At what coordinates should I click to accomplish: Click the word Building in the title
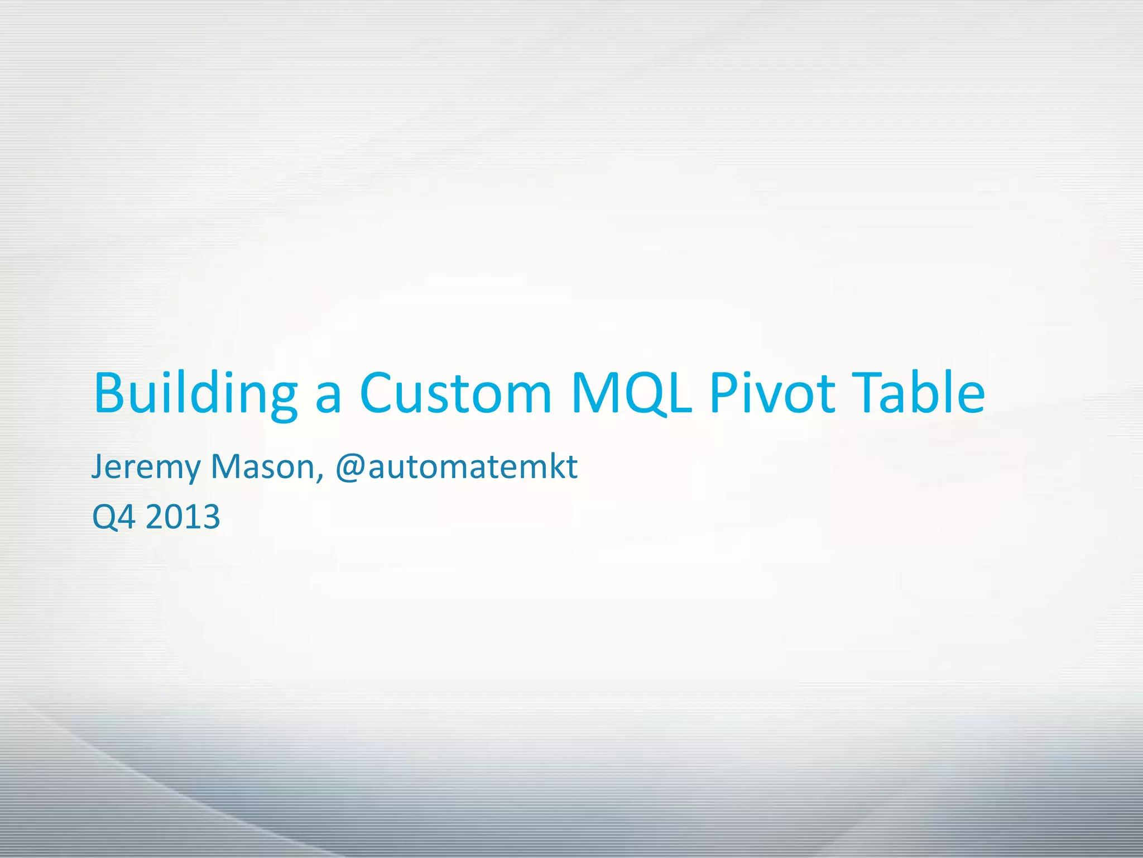tap(195, 394)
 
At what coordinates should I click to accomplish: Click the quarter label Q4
tap(114, 517)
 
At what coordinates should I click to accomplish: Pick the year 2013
tap(183, 517)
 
